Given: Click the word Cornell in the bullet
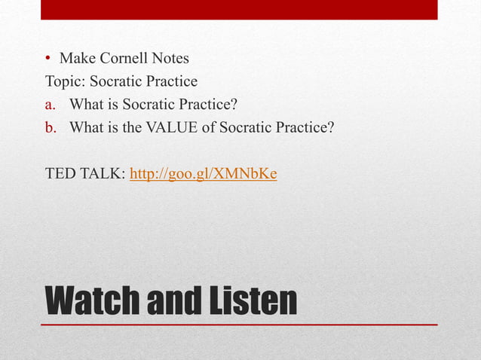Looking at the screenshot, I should pyautogui.click(x=123, y=58).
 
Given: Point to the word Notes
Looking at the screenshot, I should pyautogui.click(x=170, y=58).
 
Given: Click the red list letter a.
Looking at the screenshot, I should pyautogui.click(x=51, y=105).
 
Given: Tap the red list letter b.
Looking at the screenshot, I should pyautogui.click(x=51, y=127).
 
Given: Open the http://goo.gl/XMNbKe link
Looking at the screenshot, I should pyautogui.click(x=204, y=174).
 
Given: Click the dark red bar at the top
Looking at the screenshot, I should pyautogui.click(x=239, y=9).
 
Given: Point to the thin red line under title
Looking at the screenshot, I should pyautogui.click(x=239, y=325).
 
